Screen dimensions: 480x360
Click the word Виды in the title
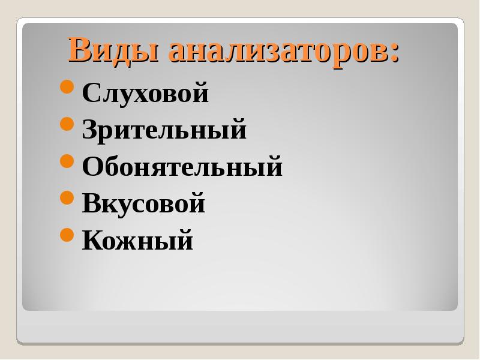click(113, 50)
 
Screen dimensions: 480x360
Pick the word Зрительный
click(164, 130)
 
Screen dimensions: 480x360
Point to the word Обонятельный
click(182, 166)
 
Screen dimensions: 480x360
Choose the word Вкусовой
click(143, 203)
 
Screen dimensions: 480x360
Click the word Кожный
click(138, 239)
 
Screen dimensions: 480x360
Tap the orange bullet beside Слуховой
click(67, 87)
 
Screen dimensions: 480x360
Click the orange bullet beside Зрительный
click(67, 124)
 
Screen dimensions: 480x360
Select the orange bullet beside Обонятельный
click(67, 161)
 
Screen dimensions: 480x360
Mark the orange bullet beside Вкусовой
click(67, 197)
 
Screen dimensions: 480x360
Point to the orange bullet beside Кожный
click(67, 235)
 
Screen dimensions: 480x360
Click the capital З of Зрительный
click(90, 129)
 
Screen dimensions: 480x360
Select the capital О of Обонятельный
click(92, 166)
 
